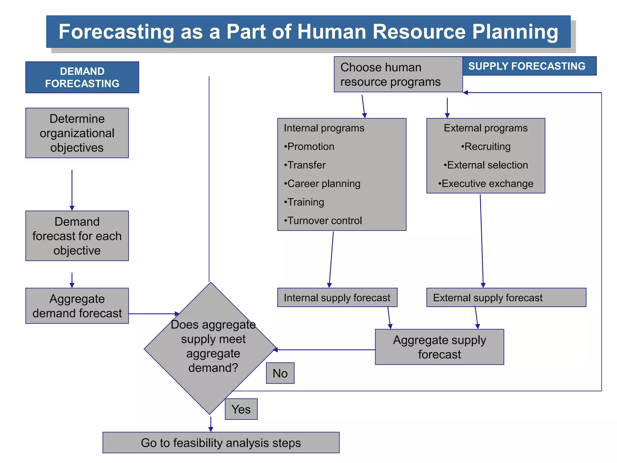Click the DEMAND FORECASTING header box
[x=82, y=77]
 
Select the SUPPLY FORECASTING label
[x=529, y=66]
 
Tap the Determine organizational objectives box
[x=77, y=133]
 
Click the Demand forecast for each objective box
[x=77, y=236]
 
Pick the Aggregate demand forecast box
[x=77, y=306]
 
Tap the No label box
[x=280, y=373]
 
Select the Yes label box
[x=241, y=409]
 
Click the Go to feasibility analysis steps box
[x=221, y=443]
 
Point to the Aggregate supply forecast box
[x=439, y=347]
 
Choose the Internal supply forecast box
[x=337, y=298]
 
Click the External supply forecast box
[x=506, y=298]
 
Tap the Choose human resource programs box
[x=398, y=74]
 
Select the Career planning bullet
[x=322, y=184]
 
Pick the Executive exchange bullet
[x=486, y=184]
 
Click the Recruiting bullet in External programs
[x=486, y=146]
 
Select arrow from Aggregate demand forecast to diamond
[x=154, y=314]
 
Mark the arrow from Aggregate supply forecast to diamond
[x=325, y=350]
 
